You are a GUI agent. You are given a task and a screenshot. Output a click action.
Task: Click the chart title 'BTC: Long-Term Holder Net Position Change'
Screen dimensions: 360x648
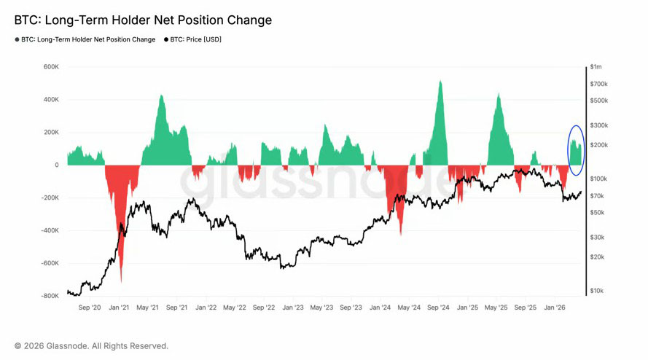click(x=143, y=20)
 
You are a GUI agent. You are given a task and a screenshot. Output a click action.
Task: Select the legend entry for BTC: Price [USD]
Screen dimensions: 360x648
click(x=192, y=39)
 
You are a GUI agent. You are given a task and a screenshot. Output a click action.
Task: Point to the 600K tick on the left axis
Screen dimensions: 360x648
click(x=51, y=67)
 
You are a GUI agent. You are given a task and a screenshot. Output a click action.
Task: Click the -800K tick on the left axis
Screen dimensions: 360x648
click(x=50, y=296)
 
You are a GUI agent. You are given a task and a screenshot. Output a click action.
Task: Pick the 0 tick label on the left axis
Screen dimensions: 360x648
click(x=56, y=165)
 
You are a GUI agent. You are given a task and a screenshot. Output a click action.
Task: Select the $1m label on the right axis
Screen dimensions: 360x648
click(x=596, y=67)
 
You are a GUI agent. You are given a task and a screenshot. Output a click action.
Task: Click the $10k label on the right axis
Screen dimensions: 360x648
click(x=597, y=291)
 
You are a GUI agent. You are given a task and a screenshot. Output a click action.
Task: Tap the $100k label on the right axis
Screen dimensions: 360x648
click(x=598, y=179)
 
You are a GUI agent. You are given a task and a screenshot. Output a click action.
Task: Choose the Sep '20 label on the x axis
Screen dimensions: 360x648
click(x=89, y=308)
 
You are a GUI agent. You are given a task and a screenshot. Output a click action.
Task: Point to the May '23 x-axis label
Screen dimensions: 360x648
click(x=321, y=308)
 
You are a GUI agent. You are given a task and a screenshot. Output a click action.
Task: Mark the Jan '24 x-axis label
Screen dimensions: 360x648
click(x=380, y=308)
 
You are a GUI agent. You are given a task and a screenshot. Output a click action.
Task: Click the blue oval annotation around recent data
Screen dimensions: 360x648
click(x=576, y=149)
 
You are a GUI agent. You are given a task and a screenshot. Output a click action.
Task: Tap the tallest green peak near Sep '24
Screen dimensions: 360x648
click(x=440, y=82)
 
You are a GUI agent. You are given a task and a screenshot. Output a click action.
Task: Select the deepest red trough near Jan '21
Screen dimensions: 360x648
click(x=121, y=281)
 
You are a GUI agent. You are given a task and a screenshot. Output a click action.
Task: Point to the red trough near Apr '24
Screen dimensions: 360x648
click(x=401, y=233)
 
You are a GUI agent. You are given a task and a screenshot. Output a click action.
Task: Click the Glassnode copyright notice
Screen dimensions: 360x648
click(x=91, y=345)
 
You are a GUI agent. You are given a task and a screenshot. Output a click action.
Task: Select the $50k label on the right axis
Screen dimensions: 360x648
click(x=597, y=212)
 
